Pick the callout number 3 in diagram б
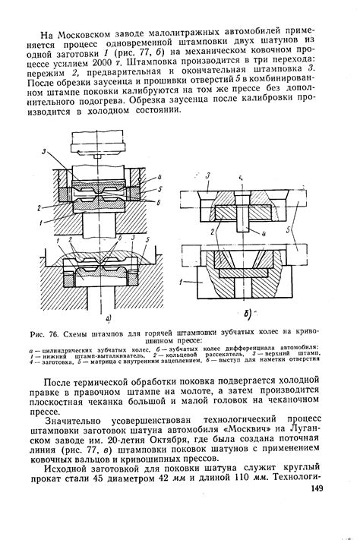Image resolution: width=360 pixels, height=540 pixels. coord(208,176)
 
